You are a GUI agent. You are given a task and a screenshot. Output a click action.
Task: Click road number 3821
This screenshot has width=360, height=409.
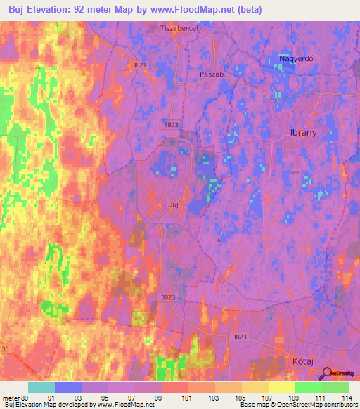[x=141, y=65]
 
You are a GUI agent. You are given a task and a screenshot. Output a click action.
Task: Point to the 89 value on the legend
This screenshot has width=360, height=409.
[x=28, y=398]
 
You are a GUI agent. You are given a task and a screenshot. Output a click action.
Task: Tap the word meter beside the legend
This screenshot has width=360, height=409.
[x=11, y=398]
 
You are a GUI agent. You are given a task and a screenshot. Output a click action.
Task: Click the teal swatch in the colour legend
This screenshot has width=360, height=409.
[x=41, y=387]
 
